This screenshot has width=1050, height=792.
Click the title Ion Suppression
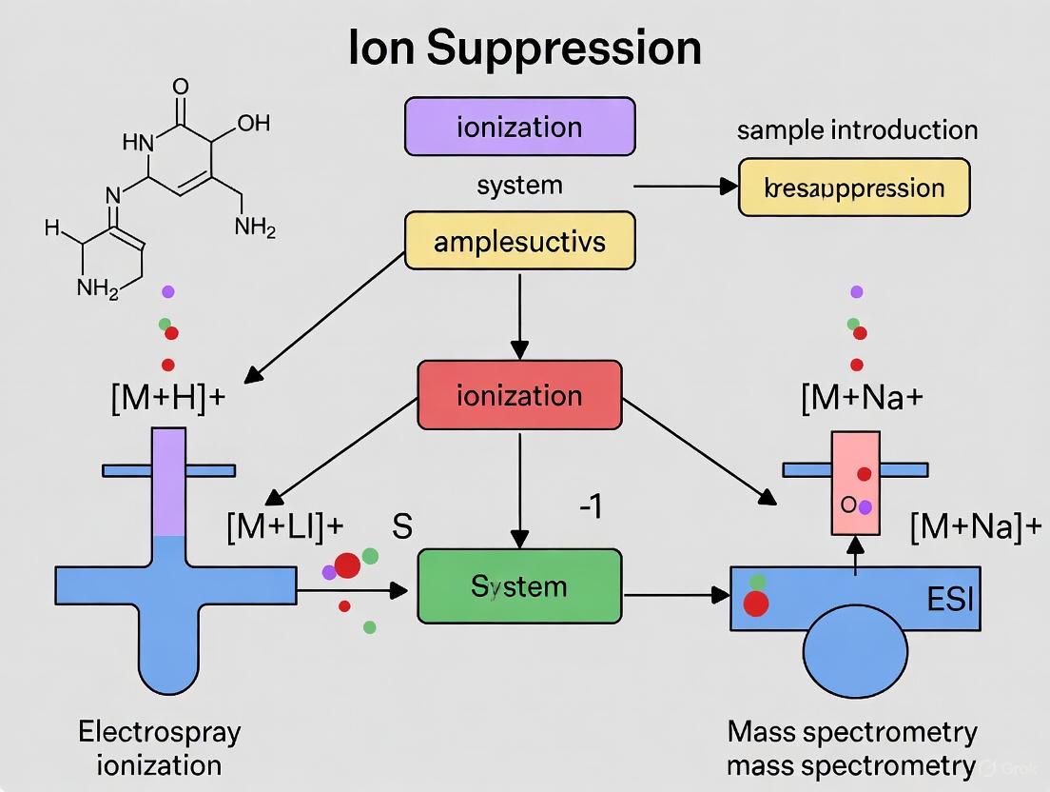pos(524,48)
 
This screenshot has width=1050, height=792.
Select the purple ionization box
pos(519,127)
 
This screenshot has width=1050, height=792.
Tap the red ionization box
pos(519,395)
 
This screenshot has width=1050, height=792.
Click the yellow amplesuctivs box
pos(519,241)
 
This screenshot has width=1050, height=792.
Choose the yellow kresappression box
pos(854,188)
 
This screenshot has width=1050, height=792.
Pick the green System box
pos(519,585)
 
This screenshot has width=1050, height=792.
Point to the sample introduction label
pos(857,129)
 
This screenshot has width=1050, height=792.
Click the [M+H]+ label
pos(167,396)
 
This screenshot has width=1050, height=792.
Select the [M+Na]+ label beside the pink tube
pos(975,526)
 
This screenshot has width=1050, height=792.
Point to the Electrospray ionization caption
pos(159,747)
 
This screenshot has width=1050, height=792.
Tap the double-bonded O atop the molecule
pos(181,88)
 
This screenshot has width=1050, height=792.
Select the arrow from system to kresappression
pos(685,188)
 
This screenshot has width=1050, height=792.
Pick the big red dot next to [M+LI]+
pos(347,564)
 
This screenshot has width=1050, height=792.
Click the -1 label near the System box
pos(590,508)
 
